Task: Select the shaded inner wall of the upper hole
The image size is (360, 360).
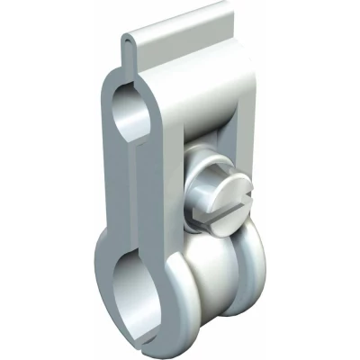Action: click(122, 112)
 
